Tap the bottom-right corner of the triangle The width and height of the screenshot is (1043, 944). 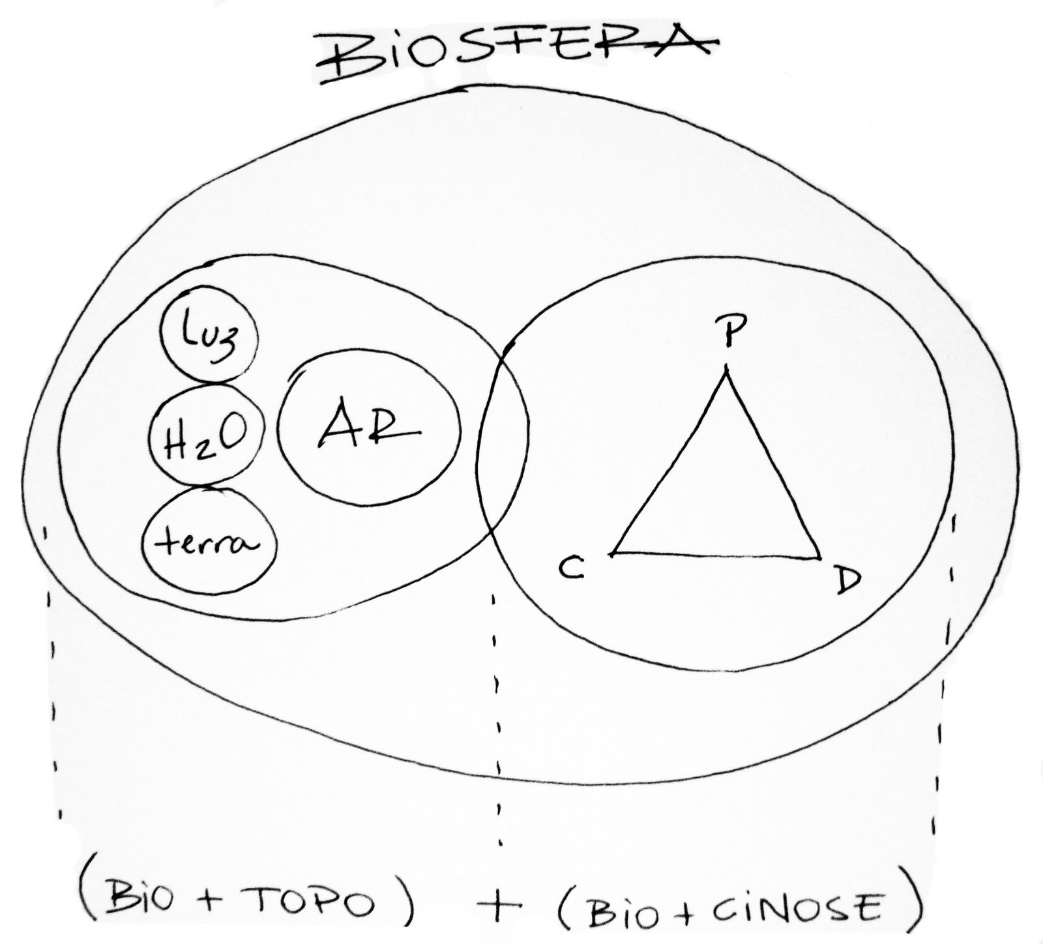[x=819, y=557]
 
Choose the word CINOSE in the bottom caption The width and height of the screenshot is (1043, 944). [x=808, y=903]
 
